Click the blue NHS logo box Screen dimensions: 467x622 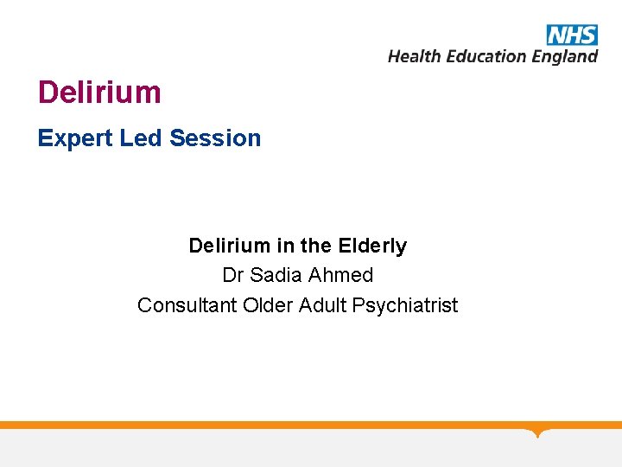coord(572,35)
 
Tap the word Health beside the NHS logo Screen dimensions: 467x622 coord(414,56)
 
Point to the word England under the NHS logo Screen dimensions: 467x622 coord(564,57)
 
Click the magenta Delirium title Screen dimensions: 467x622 coord(99,93)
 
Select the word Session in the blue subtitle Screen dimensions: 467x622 coord(215,138)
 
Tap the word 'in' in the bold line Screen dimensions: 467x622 coord(285,246)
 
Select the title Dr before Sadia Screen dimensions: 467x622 coord(233,275)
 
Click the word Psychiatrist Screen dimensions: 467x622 coord(405,306)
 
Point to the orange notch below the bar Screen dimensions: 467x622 coord(538,432)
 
